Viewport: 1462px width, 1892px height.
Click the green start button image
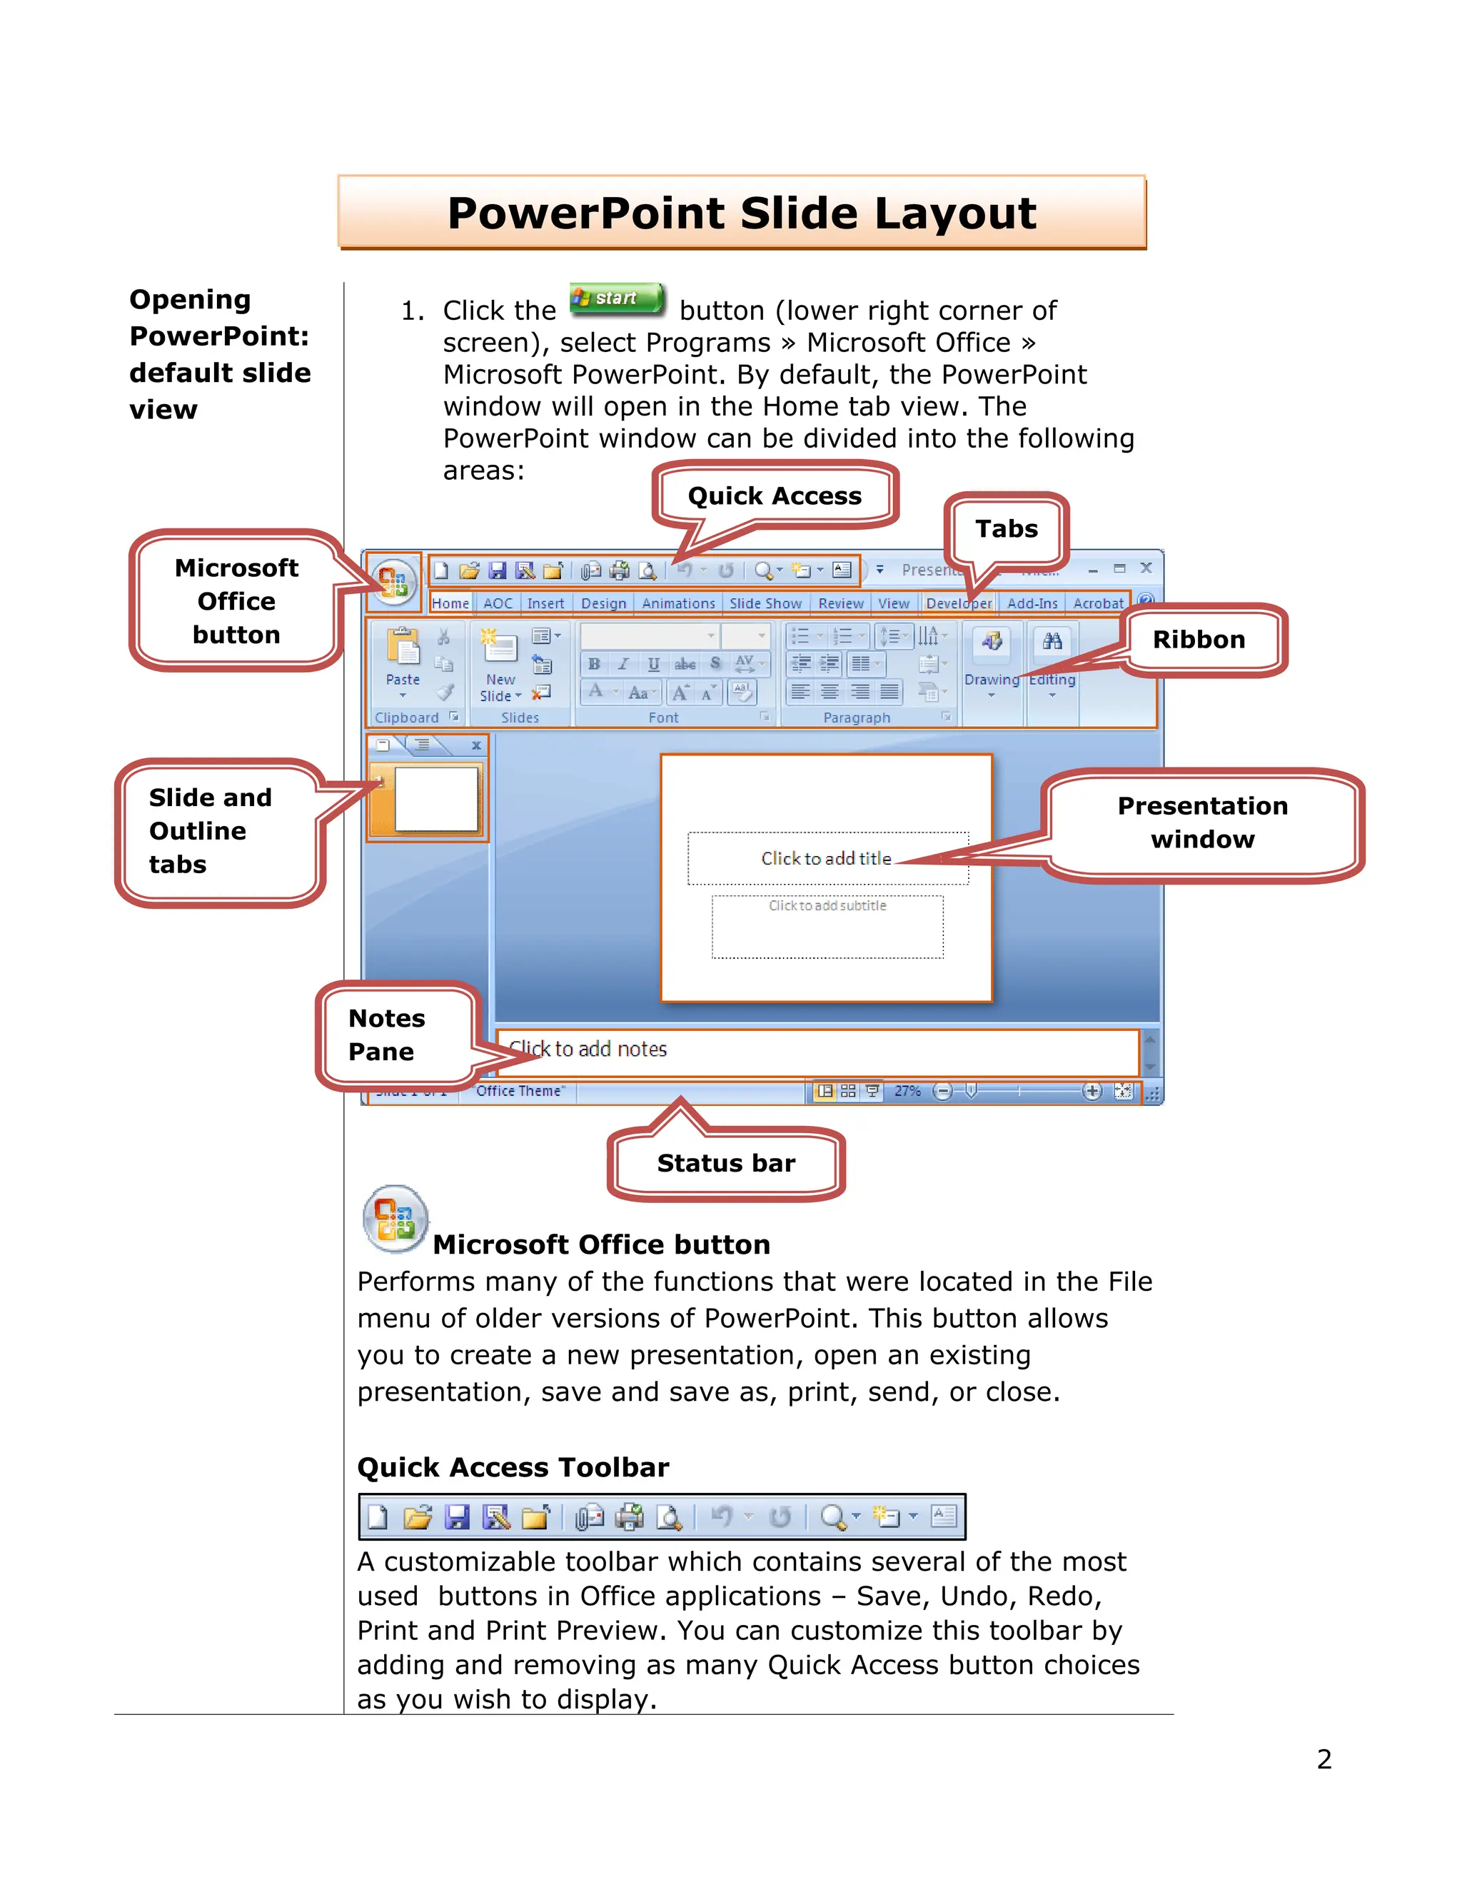pyautogui.click(x=617, y=299)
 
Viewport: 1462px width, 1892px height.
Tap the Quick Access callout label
pyautogui.click(x=775, y=496)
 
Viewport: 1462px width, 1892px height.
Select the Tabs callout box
pyautogui.click(x=1006, y=529)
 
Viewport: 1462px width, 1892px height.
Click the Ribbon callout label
pyautogui.click(x=1198, y=640)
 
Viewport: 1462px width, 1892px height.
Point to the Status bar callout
pyautogui.click(x=726, y=1164)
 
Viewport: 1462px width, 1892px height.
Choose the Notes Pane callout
pyautogui.click(x=386, y=1035)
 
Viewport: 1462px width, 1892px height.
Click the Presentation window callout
pyautogui.click(x=1202, y=823)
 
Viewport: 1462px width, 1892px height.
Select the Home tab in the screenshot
pyautogui.click(x=450, y=604)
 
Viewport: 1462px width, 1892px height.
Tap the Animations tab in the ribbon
pyautogui.click(x=678, y=604)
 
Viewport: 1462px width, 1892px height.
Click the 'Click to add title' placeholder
pyautogui.click(x=826, y=858)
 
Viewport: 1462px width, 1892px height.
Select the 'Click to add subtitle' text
pyautogui.click(x=827, y=906)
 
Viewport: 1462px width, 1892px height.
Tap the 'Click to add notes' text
pyautogui.click(x=588, y=1050)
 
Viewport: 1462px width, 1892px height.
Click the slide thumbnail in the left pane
pyautogui.click(x=435, y=799)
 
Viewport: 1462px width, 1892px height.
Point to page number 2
pyautogui.click(x=1324, y=1759)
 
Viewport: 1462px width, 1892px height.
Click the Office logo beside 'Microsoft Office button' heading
pyautogui.click(x=395, y=1219)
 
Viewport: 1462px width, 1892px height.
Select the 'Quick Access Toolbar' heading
pyautogui.click(x=513, y=1467)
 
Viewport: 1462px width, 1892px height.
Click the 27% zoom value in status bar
pyautogui.click(x=907, y=1092)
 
